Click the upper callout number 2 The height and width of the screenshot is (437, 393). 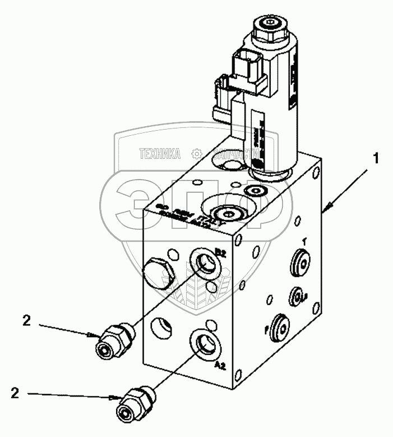[x=26, y=321]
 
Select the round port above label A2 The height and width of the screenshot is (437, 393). [x=204, y=343]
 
